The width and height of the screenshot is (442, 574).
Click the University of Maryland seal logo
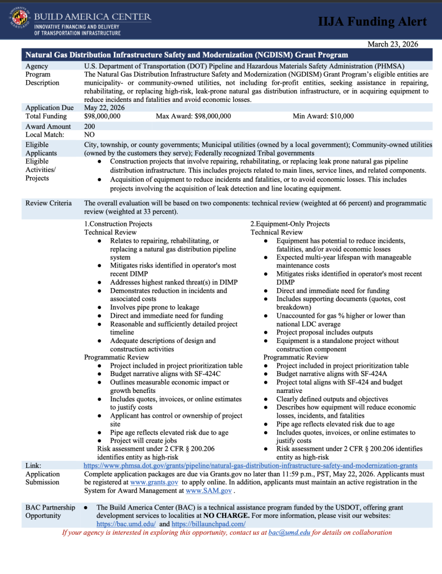21,21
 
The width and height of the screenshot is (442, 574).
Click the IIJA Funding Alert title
372,22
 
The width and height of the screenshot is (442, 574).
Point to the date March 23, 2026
393,44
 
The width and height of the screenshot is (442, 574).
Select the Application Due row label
50,108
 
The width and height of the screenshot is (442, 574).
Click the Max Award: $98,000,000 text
193,116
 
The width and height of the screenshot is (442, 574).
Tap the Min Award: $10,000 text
323,116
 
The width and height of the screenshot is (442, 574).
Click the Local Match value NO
89,135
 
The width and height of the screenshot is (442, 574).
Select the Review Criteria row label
49,203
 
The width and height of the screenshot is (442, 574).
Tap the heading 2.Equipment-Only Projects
289,224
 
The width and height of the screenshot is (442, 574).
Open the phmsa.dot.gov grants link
250,465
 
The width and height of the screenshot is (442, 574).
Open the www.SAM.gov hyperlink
209,490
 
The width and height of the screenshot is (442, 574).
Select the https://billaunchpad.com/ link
209,524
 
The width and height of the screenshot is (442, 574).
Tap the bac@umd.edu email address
289,533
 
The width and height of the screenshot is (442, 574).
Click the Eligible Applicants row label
42,149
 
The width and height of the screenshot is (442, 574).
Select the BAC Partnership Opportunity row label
50,511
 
